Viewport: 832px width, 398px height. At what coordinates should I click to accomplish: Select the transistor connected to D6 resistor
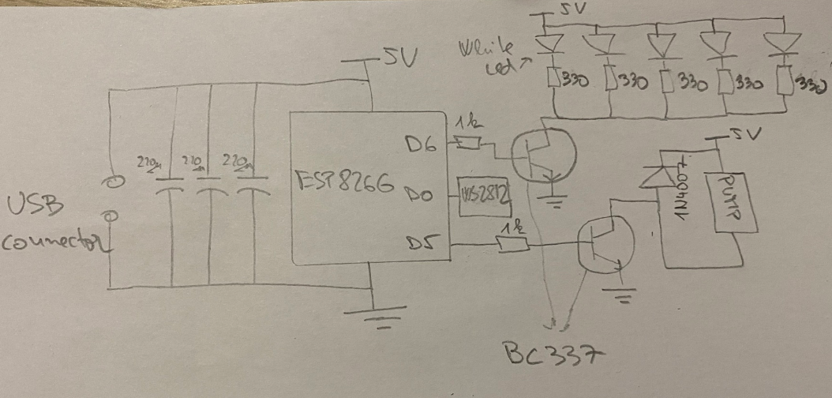tap(540, 155)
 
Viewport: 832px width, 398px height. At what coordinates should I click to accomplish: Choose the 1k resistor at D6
tap(468, 143)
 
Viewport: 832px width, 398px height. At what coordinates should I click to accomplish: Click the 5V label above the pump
tap(742, 134)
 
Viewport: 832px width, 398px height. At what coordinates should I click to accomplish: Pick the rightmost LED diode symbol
tap(784, 44)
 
